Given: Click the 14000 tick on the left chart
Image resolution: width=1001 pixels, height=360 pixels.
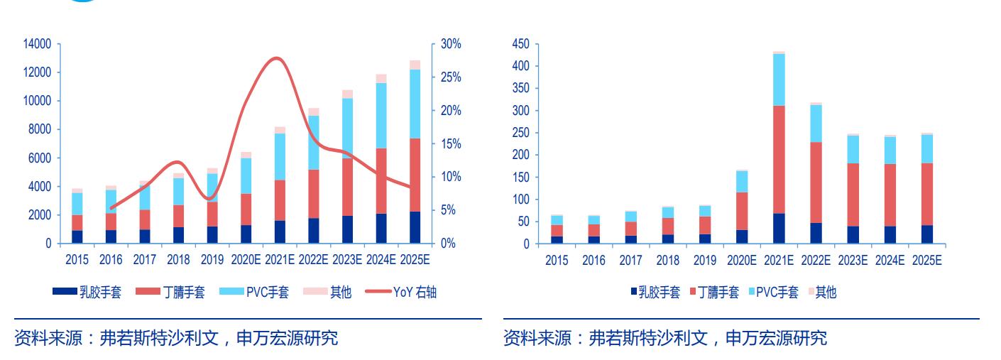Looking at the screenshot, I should click(x=37, y=44).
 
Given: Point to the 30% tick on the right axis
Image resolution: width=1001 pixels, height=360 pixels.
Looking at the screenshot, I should click(x=451, y=44).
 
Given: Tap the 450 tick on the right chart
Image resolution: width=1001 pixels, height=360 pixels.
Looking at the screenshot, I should click(x=520, y=44).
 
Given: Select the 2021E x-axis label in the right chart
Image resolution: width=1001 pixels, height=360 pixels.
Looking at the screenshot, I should click(x=779, y=261).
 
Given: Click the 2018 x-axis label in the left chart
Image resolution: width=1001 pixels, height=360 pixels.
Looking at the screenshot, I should click(x=178, y=260).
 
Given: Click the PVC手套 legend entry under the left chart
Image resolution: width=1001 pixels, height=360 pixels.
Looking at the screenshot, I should click(x=266, y=292).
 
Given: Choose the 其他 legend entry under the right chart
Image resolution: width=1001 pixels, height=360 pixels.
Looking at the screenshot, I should click(x=825, y=292).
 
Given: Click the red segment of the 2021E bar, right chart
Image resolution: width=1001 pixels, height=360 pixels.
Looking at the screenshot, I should click(x=779, y=159).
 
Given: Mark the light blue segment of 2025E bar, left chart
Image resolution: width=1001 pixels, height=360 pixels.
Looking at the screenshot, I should click(x=415, y=104).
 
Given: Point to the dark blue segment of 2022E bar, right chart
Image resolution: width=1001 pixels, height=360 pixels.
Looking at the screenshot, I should click(x=816, y=234).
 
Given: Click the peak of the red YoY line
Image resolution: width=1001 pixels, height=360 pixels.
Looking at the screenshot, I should click(x=277, y=58).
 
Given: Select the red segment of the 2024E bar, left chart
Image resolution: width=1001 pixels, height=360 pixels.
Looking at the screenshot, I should click(x=381, y=180).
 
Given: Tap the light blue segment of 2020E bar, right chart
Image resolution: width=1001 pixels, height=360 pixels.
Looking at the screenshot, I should click(x=742, y=182).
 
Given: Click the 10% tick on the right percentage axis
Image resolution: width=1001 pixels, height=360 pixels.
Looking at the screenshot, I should click(x=451, y=177).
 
